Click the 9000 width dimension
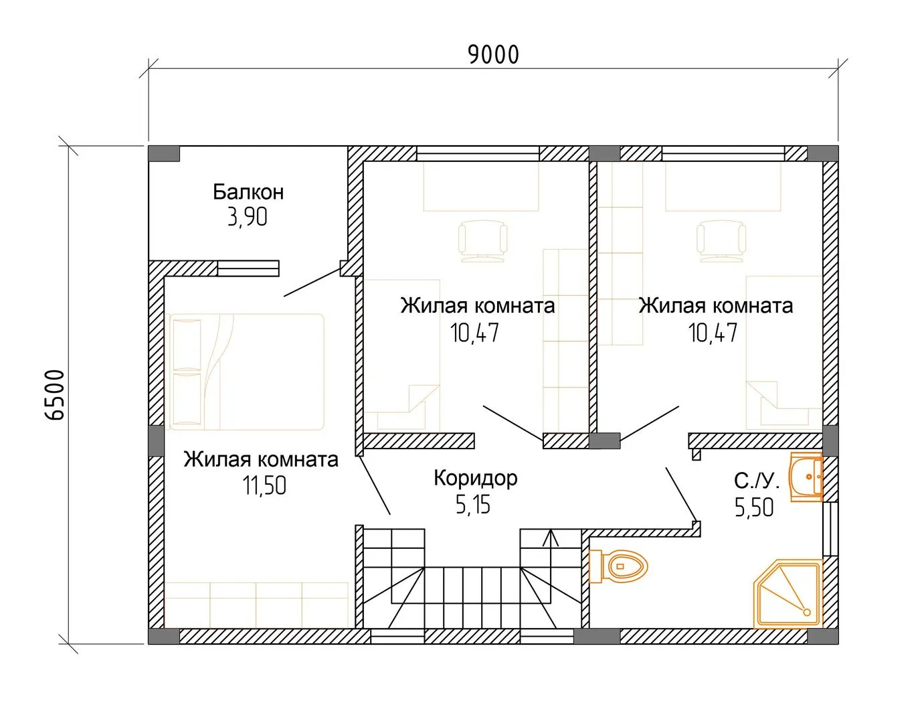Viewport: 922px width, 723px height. (x=493, y=55)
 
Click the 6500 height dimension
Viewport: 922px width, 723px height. (x=55, y=395)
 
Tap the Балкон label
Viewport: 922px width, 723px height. (x=248, y=192)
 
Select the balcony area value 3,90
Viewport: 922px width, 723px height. (x=248, y=218)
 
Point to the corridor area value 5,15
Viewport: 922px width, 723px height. (x=473, y=505)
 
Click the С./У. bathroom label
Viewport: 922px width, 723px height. (x=757, y=481)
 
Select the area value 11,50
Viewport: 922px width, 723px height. (x=264, y=485)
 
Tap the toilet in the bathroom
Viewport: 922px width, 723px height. (x=619, y=566)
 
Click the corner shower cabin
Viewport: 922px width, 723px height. (x=788, y=594)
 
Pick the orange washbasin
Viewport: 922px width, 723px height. (x=806, y=477)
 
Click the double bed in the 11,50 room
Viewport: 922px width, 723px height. (x=247, y=372)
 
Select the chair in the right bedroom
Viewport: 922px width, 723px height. (x=721, y=241)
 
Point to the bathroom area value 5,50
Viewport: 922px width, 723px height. (x=754, y=507)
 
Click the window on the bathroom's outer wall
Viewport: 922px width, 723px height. (x=830, y=530)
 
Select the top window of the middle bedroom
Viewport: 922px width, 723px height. (x=478, y=154)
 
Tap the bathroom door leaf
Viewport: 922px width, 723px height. (x=681, y=495)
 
